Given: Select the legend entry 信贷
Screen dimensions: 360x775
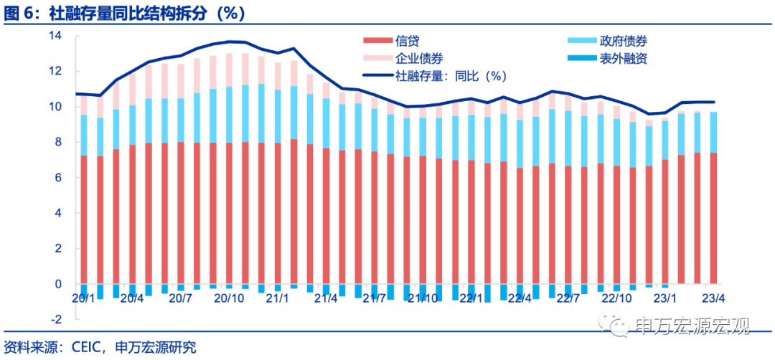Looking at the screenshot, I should [x=407, y=41].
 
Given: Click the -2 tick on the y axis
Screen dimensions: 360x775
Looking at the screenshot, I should [x=57, y=320].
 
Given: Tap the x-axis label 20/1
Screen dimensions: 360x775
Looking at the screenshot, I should [x=84, y=298].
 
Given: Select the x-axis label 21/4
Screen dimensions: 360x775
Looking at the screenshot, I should [x=326, y=298].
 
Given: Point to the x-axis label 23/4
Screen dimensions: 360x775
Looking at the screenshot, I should [x=713, y=298].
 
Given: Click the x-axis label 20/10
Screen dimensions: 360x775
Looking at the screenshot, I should [x=229, y=298].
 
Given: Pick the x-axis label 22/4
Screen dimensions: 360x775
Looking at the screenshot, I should [x=520, y=298].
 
